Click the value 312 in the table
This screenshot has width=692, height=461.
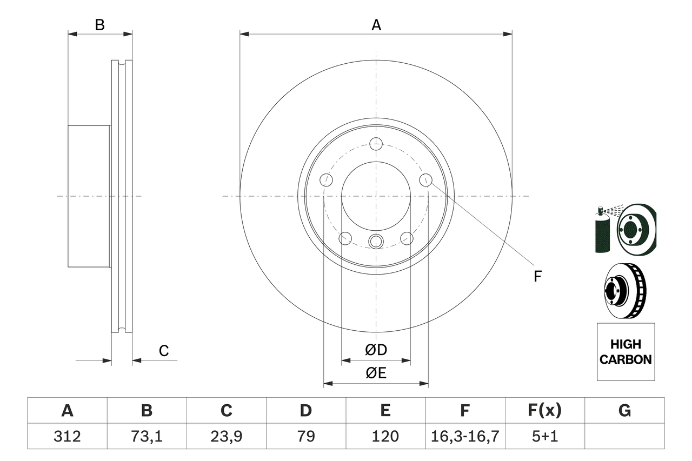pyautogui.click(x=67, y=436)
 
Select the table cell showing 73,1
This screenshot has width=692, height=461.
pyautogui.click(x=147, y=436)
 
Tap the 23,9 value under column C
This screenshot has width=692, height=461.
pyautogui.click(x=226, y=436)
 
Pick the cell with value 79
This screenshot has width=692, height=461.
pyautogui.click(x=305, y=436)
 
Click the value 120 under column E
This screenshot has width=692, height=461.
pyautogui.click(x=385, y=436)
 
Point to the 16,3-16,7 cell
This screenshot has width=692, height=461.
pyautogui.click(x=465, y=436)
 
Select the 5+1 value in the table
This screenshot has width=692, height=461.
pyautogui.click(x=544, y=436)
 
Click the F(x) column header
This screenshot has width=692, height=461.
pyautogui.click(x=544, y=411)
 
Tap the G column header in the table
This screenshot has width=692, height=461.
pyautogui.click(x=624, y=411)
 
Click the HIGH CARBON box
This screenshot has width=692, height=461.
pyautogui.click(x=626, y=352)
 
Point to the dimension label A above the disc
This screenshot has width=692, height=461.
pyautogui.click(x=376, y=25)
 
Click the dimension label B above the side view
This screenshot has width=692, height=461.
pyautogui.click(x=100, y=25)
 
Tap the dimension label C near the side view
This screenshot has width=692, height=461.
pyautogui.click(x=164, y=351)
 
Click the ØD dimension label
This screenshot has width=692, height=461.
pyautogui.click(x=376, y=350)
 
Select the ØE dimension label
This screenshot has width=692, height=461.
pyautogui.click(x=376, y=373)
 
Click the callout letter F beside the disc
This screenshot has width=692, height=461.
pyautogui.click(x=537, y=277)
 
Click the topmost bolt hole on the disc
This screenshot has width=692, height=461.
pyautogui.click(x=376, y=144)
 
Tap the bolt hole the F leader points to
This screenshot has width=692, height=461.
pyautogui.click(x=426, y=179)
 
